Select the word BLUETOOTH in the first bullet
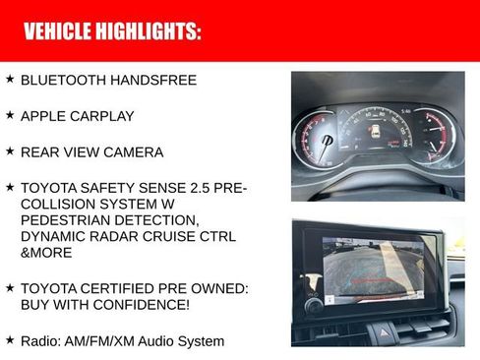tap(63, 80)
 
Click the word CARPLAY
tap(101, 116)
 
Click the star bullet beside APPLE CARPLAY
tap(10, 115)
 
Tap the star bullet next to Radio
tap(10, 339)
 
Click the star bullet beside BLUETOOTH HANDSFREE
tap(10, 79)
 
